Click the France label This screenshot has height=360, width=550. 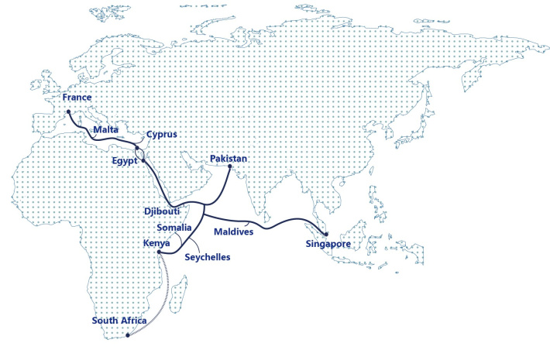pos(77,98)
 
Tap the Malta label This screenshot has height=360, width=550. pos(105,129)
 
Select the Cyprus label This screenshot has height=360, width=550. pos(162,134)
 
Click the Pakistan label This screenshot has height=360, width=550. pos(229,159)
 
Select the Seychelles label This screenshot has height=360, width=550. pos(208,257)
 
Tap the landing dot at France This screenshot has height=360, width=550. pos(68,111)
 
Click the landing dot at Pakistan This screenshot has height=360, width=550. pos(230,166)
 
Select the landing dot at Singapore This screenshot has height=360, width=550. pos(326,234)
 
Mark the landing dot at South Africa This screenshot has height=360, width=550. pos(127,336)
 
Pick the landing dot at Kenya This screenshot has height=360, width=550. pos(158,252)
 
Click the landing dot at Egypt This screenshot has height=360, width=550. pos(144,161)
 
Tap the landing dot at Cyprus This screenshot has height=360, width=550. pos(136,147)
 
